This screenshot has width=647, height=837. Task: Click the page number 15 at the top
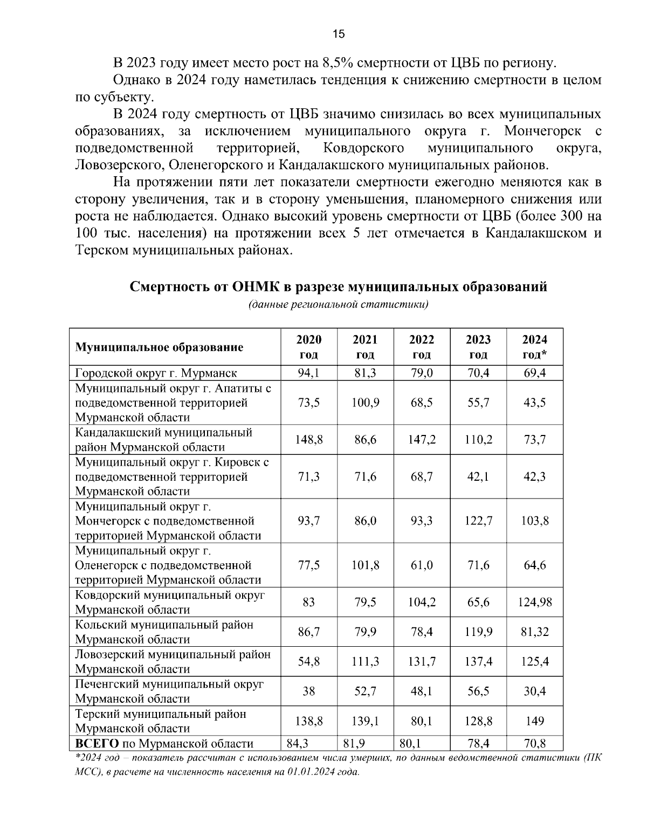coord(338,34)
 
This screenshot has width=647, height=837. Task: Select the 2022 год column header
coord(422,347)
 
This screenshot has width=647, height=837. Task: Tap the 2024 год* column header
coord(535,347)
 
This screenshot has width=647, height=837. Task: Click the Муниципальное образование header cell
coord(159,347)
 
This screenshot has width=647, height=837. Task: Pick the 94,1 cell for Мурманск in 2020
coord(309,373)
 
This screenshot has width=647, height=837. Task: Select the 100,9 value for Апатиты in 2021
coord(366,403)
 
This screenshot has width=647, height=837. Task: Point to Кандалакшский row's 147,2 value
coord(422,440)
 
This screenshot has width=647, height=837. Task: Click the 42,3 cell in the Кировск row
coord(535,476)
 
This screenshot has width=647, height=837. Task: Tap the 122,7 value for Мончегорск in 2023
coord(478,521)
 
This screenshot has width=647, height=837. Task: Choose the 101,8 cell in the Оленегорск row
coord(366,565)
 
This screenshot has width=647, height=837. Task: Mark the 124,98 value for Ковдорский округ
coord(535,602)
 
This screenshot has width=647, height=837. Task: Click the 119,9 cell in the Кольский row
coord(478,632)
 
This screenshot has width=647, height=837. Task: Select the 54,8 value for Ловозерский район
coord(309,661)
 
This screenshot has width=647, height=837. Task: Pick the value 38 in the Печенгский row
coord(309,691)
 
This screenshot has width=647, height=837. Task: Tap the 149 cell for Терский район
coord(535,721)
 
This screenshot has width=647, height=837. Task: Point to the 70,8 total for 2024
coord(535,744)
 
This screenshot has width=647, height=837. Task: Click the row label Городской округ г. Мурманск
coord(156,373)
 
